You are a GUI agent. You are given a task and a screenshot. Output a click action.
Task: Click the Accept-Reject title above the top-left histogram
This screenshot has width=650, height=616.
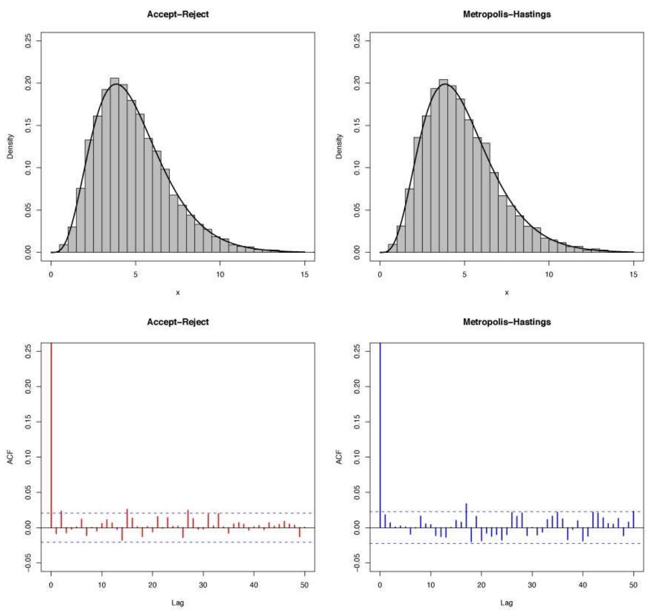pos(177,14)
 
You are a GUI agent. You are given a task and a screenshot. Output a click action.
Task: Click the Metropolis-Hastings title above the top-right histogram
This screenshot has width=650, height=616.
pos(506,14)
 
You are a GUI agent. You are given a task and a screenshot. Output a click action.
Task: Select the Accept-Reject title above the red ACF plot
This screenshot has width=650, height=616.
pos(177,322)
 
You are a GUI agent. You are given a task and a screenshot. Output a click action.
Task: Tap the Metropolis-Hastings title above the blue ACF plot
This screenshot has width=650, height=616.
pos(506,322)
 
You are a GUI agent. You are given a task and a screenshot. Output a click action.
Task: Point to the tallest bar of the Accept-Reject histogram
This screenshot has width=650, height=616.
pos(114,165)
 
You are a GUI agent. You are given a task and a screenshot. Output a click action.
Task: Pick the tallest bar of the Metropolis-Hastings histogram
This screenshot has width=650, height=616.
pos(443,165)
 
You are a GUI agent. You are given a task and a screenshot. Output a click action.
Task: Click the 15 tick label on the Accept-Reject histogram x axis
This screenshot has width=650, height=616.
pos(305,275)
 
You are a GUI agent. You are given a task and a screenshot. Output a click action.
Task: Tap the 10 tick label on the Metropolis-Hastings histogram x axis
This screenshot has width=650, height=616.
pos(549,275)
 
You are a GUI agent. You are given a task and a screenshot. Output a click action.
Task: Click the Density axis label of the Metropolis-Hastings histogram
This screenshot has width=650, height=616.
pos(339,146)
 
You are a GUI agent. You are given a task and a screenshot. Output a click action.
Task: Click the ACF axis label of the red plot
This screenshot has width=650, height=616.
pos(10,457)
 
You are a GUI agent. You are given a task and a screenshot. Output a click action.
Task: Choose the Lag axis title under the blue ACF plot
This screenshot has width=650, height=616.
pos(506,603)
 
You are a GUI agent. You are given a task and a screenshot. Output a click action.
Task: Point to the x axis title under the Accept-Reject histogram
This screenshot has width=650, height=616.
pos(177,293)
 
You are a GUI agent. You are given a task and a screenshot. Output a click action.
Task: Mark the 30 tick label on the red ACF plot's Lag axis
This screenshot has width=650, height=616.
pos(203,585)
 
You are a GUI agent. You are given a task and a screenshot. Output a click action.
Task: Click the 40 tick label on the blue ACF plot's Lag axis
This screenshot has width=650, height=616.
pos(583,585)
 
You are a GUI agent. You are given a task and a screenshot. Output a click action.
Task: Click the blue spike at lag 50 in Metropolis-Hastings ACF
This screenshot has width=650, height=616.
pos(634,519)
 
